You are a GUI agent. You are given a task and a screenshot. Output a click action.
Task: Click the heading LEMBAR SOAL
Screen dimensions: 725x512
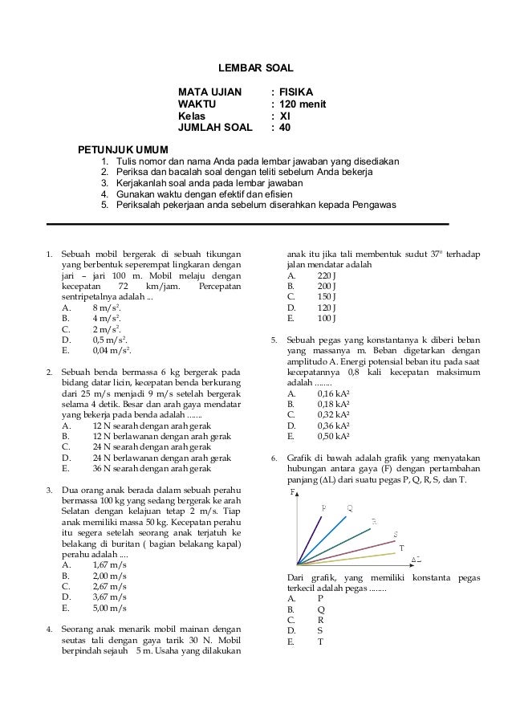[x=256, y=70]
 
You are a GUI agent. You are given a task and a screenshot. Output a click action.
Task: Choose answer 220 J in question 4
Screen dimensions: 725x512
[x=327, y=274]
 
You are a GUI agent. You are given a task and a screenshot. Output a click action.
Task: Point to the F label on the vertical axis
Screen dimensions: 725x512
[x=292, y=492]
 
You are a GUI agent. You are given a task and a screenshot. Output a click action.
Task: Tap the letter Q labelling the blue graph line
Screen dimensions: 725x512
[x=350, y=508]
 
